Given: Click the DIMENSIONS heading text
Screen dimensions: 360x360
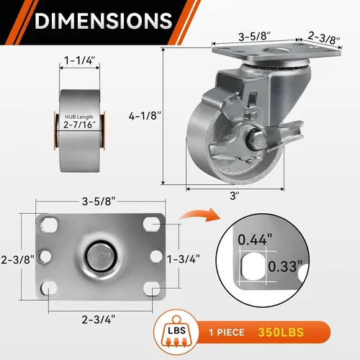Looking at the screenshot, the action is pos(104,21).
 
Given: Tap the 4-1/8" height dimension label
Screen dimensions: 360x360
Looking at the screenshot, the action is pos(145,116).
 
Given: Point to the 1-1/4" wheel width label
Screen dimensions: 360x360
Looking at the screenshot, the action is pos(79,60).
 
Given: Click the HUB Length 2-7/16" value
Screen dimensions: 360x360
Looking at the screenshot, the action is pos(79,125).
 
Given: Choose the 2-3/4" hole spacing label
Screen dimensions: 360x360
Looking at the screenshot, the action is pos(99,320).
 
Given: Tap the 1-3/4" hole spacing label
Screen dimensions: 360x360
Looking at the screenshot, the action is pos(184,259).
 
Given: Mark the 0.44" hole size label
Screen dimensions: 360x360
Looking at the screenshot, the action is pos(255,240).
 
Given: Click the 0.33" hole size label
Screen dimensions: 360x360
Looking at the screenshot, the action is pos(285,266).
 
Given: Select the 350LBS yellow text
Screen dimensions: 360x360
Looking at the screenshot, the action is pos(281,333).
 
